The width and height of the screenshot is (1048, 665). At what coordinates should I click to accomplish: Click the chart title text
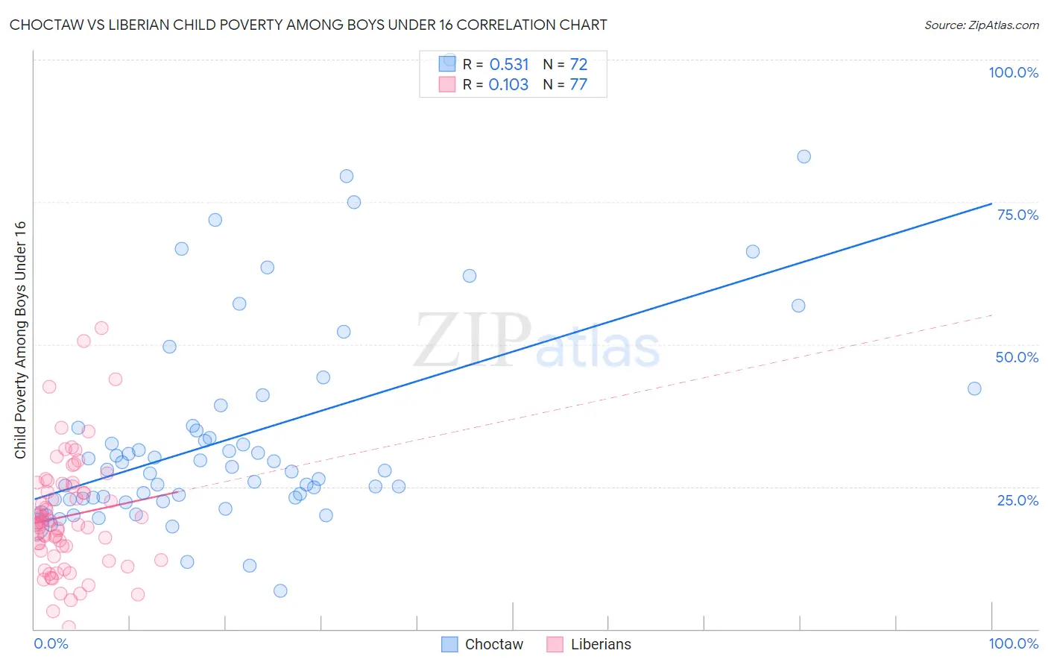coord(308,25)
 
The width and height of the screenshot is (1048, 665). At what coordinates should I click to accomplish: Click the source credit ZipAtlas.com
coord(981,25)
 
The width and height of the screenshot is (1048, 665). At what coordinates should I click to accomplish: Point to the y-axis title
coord(20,340)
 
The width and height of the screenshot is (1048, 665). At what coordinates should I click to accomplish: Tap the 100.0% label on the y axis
coord(1013,72)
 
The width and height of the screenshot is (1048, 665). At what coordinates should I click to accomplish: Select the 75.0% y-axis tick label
coord(1017,215)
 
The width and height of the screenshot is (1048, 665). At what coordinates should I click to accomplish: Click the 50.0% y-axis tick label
coord(1017,357)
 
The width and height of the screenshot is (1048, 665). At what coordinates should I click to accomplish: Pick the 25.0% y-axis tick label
coord(1017,499)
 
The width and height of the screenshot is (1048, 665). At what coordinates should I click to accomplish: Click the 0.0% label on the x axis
coord(51,643)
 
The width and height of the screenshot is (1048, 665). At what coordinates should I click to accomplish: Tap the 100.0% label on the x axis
coord(1013,643)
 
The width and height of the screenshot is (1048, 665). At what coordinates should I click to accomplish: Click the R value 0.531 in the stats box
coord(509,64)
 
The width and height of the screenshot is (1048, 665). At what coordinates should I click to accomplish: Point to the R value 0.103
coord(508,84)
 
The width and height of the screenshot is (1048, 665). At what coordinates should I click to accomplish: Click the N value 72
coord(578,64)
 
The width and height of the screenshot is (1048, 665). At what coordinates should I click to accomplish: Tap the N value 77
coord(578,84)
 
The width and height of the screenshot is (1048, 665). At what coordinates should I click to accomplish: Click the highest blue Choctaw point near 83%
coord(804,157)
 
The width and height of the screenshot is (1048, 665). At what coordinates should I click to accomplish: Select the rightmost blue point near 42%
coord(974,388)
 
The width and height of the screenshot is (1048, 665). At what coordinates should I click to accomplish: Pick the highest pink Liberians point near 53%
coord(101,328)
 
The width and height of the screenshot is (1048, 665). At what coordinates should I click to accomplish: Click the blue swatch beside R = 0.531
coord(447,63)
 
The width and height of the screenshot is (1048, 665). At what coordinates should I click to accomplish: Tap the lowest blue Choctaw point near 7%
coord(280,590)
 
